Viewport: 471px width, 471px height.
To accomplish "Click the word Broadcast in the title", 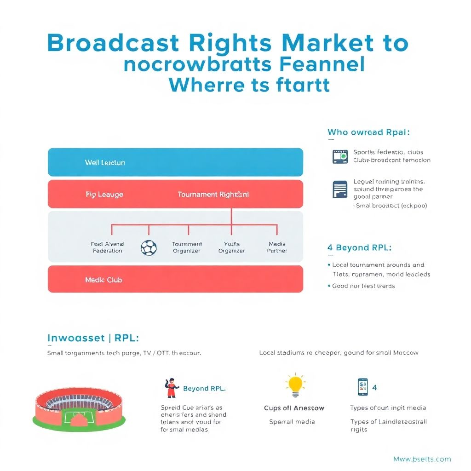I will pos(113,43).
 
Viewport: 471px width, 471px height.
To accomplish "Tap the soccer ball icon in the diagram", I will pos(148,247).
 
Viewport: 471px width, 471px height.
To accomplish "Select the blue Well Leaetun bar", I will pos(175,162).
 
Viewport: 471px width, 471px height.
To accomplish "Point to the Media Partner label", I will pos(277,247).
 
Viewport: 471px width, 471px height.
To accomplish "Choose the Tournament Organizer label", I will pos(187,247).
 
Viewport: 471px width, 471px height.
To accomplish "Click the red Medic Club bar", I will pos(175,279).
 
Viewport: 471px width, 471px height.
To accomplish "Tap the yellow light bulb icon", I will pos(295,385).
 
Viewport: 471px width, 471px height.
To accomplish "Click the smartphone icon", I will pos(362,387).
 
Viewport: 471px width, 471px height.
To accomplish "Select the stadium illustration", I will pos(80,408).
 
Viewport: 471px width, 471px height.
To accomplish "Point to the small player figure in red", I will pos(171,388).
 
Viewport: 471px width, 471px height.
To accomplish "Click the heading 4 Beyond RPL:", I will pos(359,247).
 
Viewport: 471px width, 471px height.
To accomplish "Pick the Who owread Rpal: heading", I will pos(368,132).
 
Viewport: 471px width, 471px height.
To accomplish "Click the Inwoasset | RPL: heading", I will pos(93,338).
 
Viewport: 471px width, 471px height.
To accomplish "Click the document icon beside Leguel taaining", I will pos(340,189).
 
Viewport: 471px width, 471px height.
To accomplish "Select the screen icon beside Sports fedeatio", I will pos(340,156).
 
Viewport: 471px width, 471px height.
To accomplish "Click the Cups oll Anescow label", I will pos(294,408).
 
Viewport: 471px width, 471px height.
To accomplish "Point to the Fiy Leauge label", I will pos(104,195).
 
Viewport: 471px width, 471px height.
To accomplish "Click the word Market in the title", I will pos(328,43).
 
